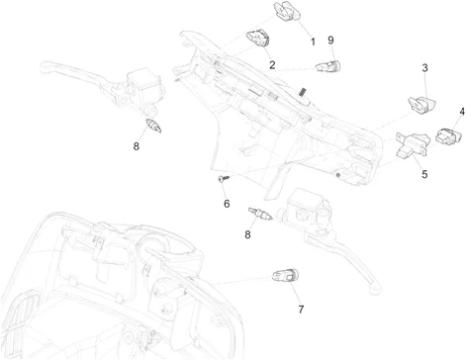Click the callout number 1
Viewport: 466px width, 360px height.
[x=313, y=42]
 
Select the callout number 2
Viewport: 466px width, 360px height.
[x=272, y=64]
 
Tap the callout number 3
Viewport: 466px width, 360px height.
[x=424, y=68]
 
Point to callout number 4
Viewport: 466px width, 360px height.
[x=462, y=112]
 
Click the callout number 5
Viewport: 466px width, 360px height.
[x=424, y=174]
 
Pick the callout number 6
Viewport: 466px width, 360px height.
[x=227, y=204]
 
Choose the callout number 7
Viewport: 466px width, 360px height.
[x=301, y=310]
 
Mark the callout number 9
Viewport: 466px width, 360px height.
[x=330, y=41]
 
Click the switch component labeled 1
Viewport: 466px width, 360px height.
[x=287, y=11]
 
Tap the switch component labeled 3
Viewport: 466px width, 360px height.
[x=422, y=105]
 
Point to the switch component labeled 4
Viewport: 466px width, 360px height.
[x=448, y=136]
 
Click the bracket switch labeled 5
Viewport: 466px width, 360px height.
[x=413, y=145]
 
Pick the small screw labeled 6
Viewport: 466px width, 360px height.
[x=224, y=178]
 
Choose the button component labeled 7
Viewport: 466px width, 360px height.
[x=285, y=275]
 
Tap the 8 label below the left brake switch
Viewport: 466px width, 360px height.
[x=137, y=146]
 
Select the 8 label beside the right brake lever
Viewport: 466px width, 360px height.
[x=247, y=234]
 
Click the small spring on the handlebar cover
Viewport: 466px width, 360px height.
[x=302, y=92]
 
